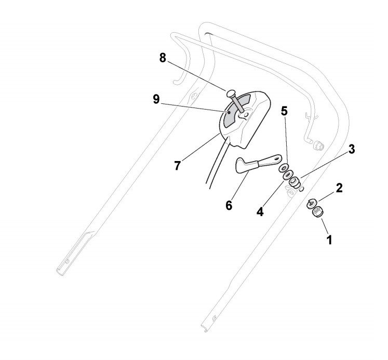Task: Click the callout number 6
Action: (x=229, y=205)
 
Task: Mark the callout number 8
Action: (x=163, y=59)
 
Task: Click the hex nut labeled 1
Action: (x=316, y=212)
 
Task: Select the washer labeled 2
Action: (x=313, y=204)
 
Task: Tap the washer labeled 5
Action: (x=283, y=168)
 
